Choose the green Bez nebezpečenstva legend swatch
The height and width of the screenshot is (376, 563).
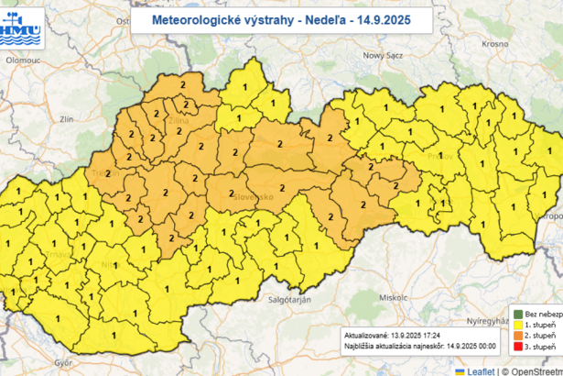[516, 313]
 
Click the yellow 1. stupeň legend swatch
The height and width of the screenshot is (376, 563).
[516, 325]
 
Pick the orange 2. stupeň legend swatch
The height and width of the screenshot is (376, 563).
[516, 337]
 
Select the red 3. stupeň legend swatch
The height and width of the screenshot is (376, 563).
[516, 348]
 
